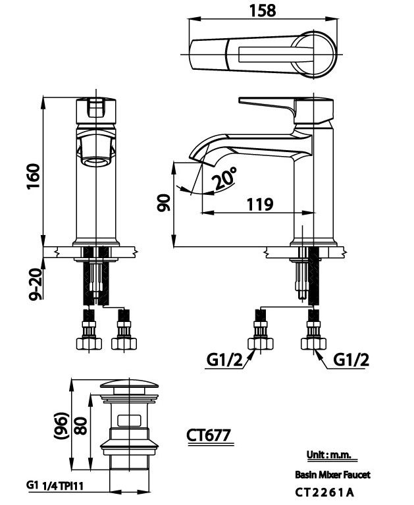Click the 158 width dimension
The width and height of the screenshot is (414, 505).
[x=263, y=10]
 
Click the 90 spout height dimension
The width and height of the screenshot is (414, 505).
[x=165, y=203]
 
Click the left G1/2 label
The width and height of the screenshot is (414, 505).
[x=222, y=360]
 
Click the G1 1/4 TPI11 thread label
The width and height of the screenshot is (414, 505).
[x=58, y=485]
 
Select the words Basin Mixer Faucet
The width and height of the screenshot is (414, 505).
[x=332, y=474]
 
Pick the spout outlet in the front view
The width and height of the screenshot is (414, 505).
[x=96, y=159]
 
